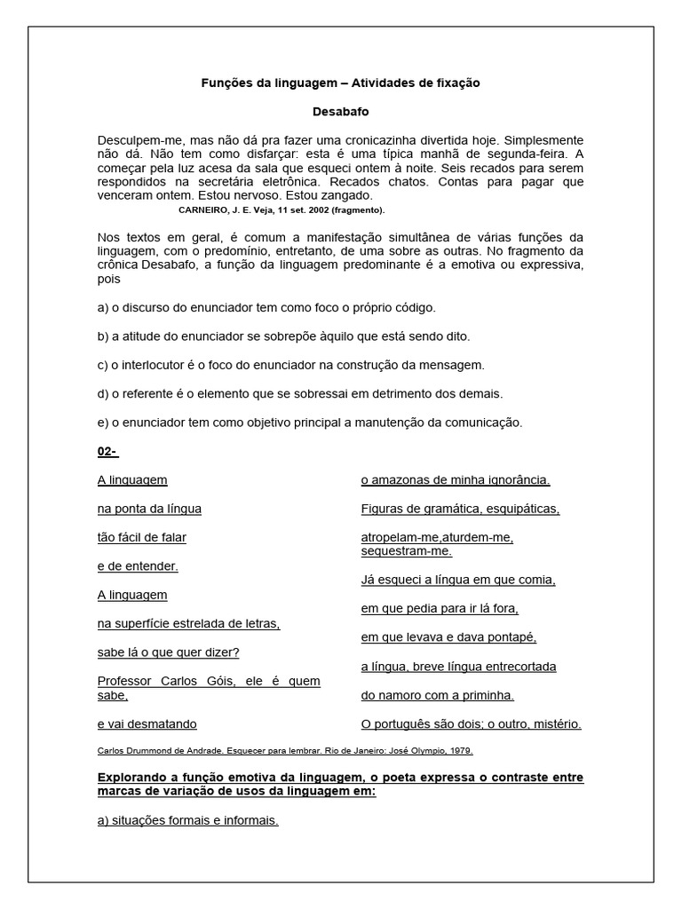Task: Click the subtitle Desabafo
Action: [x=340, y=112]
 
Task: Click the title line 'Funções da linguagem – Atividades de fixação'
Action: [x=340, y=83]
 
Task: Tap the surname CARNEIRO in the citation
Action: [x=205, y=210]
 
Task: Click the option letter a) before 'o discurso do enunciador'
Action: [x=103, y=307]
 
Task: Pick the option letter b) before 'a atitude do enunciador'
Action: [x=103, y=336]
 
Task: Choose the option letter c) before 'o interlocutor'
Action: [x=103, y=364]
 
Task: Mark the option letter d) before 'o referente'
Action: [x=103, y=392]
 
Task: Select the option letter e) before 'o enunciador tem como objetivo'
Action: [x=103, y=422]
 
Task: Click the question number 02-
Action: [x=107, y=451]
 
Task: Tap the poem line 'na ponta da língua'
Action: [x=149, y=509]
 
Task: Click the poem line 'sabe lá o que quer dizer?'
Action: [x=168, y=652]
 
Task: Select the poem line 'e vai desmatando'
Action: [x=147, y=723]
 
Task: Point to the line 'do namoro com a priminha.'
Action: [x=437, y=695]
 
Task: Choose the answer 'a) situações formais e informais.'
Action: [x=187, y=820]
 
